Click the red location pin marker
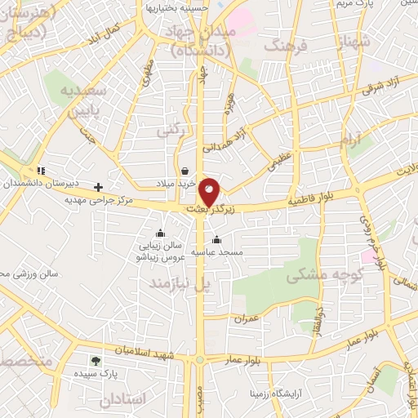(210, 191)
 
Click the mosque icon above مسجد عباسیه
(217, 240)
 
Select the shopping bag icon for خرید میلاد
(187, 171)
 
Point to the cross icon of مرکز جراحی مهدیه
(99, 187)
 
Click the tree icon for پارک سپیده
(96, 361)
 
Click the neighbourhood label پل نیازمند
(179, 282)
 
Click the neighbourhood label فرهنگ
(283, 46)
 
